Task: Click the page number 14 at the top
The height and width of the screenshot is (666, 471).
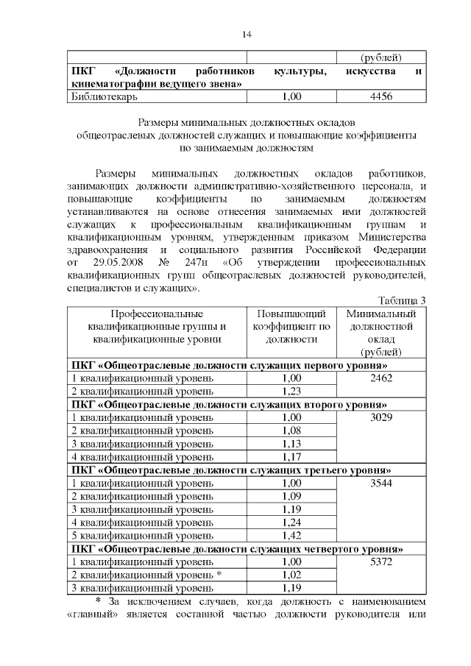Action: [247, 35]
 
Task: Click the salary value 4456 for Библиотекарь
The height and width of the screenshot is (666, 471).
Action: [380, 96]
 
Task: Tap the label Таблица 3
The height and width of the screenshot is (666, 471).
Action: [402, 300]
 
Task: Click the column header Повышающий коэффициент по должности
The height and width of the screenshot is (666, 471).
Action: [291, 327]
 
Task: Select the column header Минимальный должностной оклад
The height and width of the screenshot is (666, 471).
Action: [380, 333]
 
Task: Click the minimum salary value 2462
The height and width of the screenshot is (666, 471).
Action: [381, 378]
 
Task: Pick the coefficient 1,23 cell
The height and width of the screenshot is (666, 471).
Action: [292, 391]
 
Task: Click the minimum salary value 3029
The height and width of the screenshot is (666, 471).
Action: [381, 417]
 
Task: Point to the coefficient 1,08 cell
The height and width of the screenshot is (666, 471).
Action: [292, 430]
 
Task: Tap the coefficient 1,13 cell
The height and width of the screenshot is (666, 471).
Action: [292, 443]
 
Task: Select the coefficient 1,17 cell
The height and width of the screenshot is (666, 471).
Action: [292, 456]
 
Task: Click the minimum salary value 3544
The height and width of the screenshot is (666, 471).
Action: [381, 483]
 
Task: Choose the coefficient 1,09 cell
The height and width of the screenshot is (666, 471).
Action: [292, 496]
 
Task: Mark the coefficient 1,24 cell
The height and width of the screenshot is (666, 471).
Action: [292, 522]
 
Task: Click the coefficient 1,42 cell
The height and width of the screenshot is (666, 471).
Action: [292, 536]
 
